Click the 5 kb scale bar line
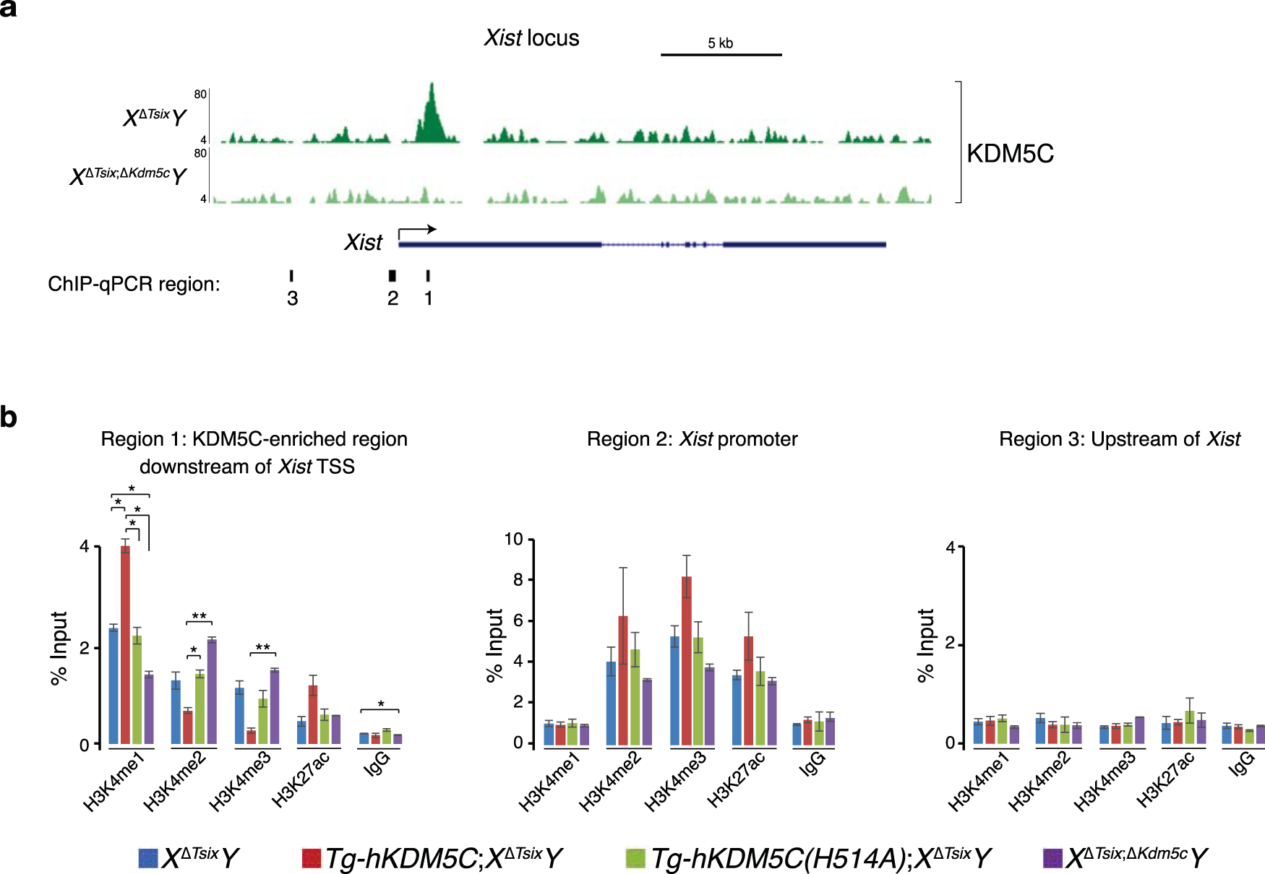tap(721, 54)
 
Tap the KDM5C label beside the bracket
tap(1010, 154)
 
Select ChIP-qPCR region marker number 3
tap(291, 275)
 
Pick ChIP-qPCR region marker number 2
tap(392, 275)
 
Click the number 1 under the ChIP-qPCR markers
tap(429, 298)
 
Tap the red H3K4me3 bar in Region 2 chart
tap(686, 660)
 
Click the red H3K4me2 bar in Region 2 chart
tap(622, 680)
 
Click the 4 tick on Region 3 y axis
tap(951, 548)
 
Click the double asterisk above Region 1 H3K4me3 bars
tap(263, 647)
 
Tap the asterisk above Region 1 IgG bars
tap(381, 704)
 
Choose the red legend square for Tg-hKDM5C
tap(311, 857)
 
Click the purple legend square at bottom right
tap(1052, 857)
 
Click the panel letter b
tap(9, 417)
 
